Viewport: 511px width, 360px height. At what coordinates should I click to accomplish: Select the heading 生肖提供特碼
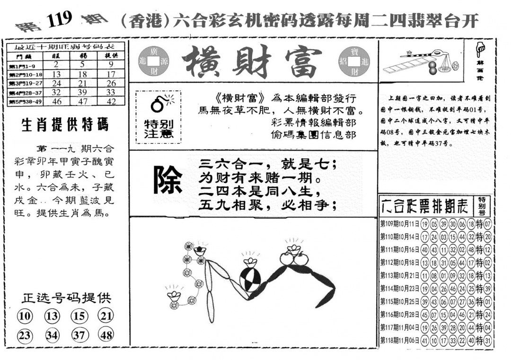coord(65,125)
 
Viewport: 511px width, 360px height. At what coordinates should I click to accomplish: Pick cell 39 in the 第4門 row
coord(83,92)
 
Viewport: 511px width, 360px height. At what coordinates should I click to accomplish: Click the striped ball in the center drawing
coord(249,280)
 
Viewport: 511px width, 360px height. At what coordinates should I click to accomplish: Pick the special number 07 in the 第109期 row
coord(488,224)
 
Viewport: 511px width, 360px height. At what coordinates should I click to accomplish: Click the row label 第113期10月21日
coord(399,275)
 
